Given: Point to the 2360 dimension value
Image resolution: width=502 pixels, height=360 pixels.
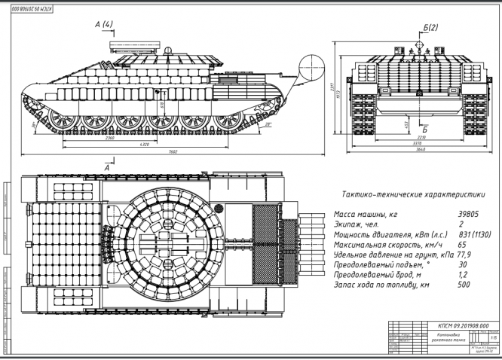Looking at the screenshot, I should coord(111,138).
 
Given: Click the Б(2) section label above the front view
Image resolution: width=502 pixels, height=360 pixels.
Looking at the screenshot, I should coord(430,28).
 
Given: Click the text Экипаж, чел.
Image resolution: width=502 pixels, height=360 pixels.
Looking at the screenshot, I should coord(361,224).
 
